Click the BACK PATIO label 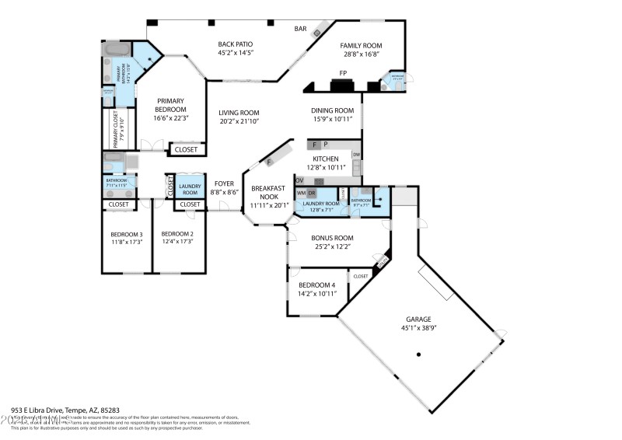(236, 44)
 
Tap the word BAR (300, 30)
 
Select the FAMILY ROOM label (361, 46)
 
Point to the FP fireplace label (342, 74)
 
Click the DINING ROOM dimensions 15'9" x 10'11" (333, 120)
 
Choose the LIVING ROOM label (239, 113)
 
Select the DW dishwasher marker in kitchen (356, 155)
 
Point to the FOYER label (224, 183)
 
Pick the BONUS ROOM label (332, 238)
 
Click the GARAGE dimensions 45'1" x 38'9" (418, 328)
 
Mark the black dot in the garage (418, 355)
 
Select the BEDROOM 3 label (126, 234)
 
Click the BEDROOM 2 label (176, 234)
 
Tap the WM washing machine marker (301, 193)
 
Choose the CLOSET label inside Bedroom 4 (361, 277)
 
